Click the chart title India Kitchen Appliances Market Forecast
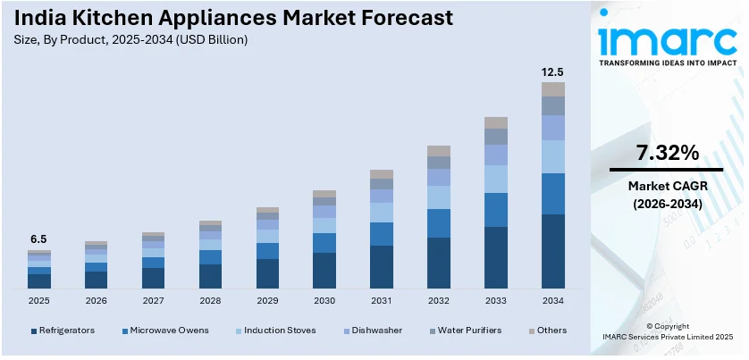(232, 18)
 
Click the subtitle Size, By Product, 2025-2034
(131, 40)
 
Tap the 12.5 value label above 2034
(553, 71)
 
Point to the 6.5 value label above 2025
(38, 239)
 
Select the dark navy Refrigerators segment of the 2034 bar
(553, 251)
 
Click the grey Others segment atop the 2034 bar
(553, 89)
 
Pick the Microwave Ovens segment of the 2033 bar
(496, 210)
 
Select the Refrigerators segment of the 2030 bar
(324, 270)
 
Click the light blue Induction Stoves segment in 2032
(439, 197)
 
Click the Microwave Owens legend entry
(168, 331)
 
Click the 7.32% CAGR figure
(667, 153)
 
